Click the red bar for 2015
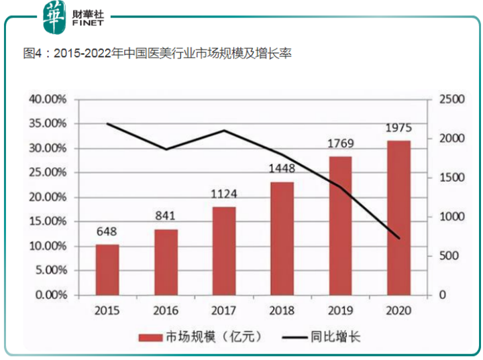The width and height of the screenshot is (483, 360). [x=107, y=269]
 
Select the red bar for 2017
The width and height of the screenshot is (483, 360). [x=224, y=251]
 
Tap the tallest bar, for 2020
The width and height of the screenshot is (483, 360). [x=399, y=218]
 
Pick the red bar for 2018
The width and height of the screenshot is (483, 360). [x=282, y=238]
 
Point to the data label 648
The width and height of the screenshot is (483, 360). [x=107, y=232]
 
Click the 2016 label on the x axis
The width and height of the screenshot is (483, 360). [x=166, y=312]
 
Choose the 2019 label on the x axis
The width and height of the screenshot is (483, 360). [x=341, y=312]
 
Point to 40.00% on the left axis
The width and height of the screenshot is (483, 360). [x=48, y=99]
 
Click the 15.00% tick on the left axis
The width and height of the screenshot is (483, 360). [x=48, y=222]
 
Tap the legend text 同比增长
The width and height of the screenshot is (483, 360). [x=338, y=337]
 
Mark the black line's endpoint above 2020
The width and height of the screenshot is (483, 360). [x=399, y=238]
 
